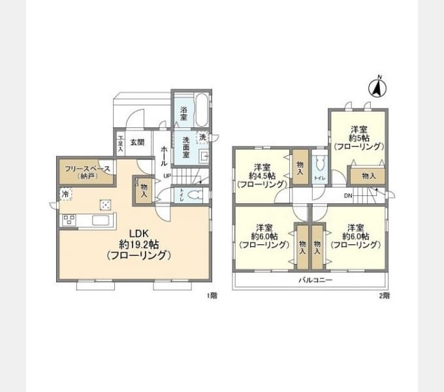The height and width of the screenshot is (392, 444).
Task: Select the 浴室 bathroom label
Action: (x=184, y=113)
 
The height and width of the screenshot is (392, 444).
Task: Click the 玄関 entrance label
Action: (x=136, y=142)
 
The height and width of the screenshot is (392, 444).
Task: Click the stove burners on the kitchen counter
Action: (x=69, y=220)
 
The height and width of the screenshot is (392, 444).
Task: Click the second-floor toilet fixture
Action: (x=319, y=164)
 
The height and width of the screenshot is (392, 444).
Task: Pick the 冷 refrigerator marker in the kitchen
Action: (x=65, y=194)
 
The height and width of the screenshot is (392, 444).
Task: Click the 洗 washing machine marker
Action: (x=202, y=137)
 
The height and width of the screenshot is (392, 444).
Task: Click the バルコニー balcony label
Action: (x=315, y=280)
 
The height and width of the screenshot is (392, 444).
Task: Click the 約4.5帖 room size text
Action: (x=263, y=175)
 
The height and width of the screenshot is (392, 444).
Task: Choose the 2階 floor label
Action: (x=385, y=295)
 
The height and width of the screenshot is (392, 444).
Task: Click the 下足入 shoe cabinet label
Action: (x=120, y=144)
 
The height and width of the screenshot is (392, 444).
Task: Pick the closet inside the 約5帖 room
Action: (x=368, y=176)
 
